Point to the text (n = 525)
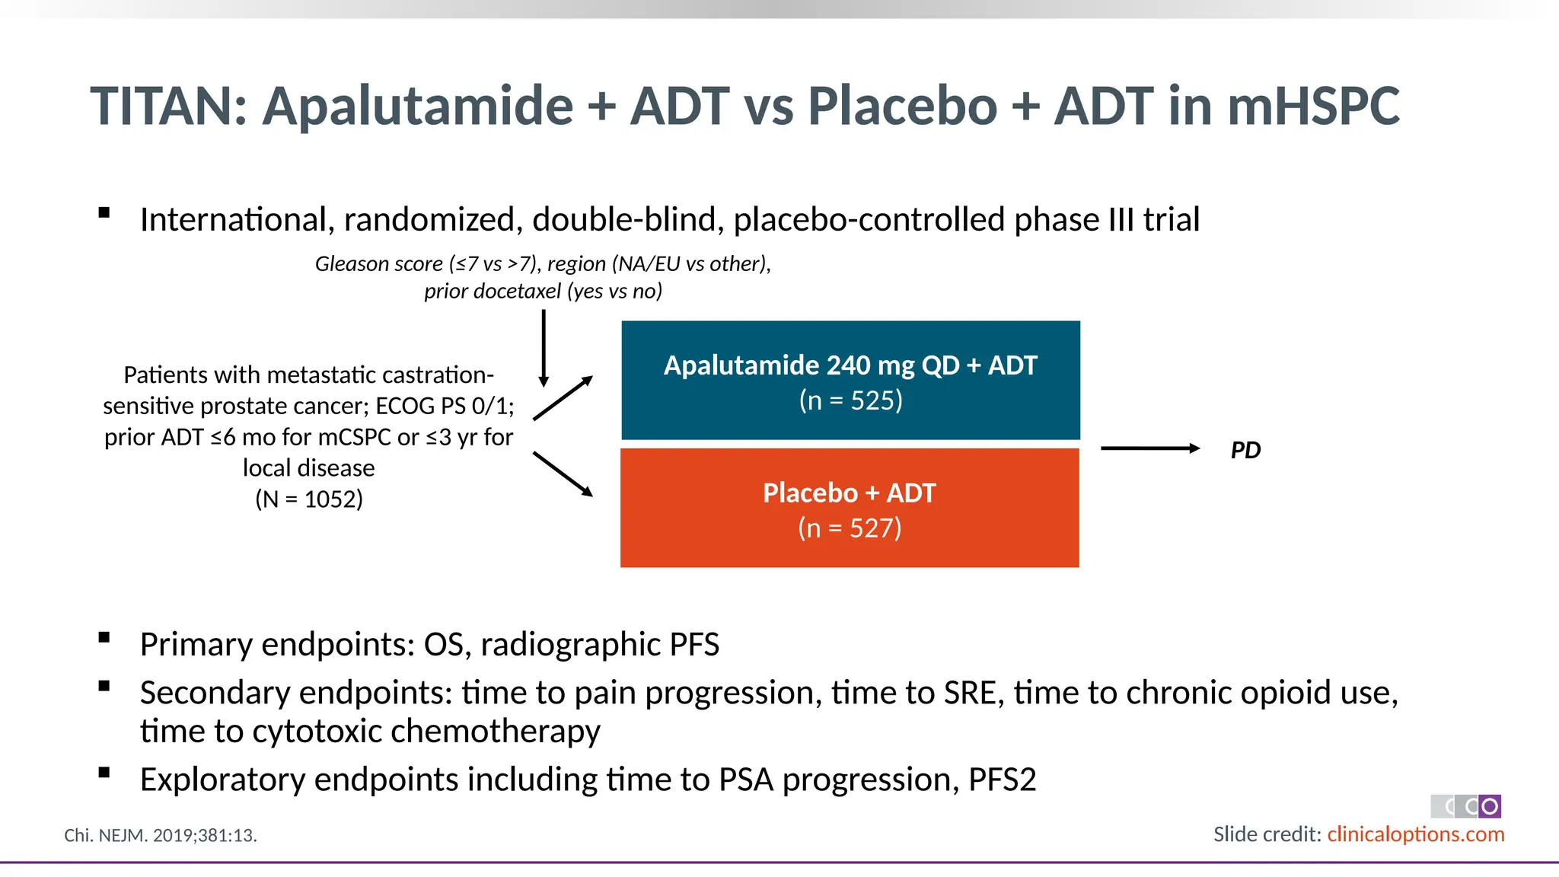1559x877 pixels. click(850, 400)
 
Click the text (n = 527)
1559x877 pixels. click(850, 528)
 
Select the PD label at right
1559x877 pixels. click(1245, 450)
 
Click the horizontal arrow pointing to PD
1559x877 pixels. click(1149, 448)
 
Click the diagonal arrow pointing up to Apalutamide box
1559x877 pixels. click(563, 398)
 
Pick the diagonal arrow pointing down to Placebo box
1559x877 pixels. click(563, 474)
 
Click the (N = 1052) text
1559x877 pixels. click(308, 499)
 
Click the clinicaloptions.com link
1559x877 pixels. click(1415, 834)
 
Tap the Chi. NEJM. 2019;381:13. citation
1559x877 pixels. click(161, 835)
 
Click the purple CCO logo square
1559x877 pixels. click(1490, 806)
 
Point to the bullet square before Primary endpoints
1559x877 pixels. click(104, 638)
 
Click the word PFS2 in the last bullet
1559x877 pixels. click(1002, 780)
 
